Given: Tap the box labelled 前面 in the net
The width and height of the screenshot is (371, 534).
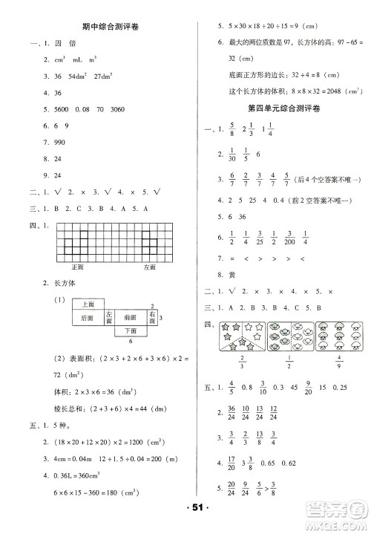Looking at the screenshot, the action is click(131, 317).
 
